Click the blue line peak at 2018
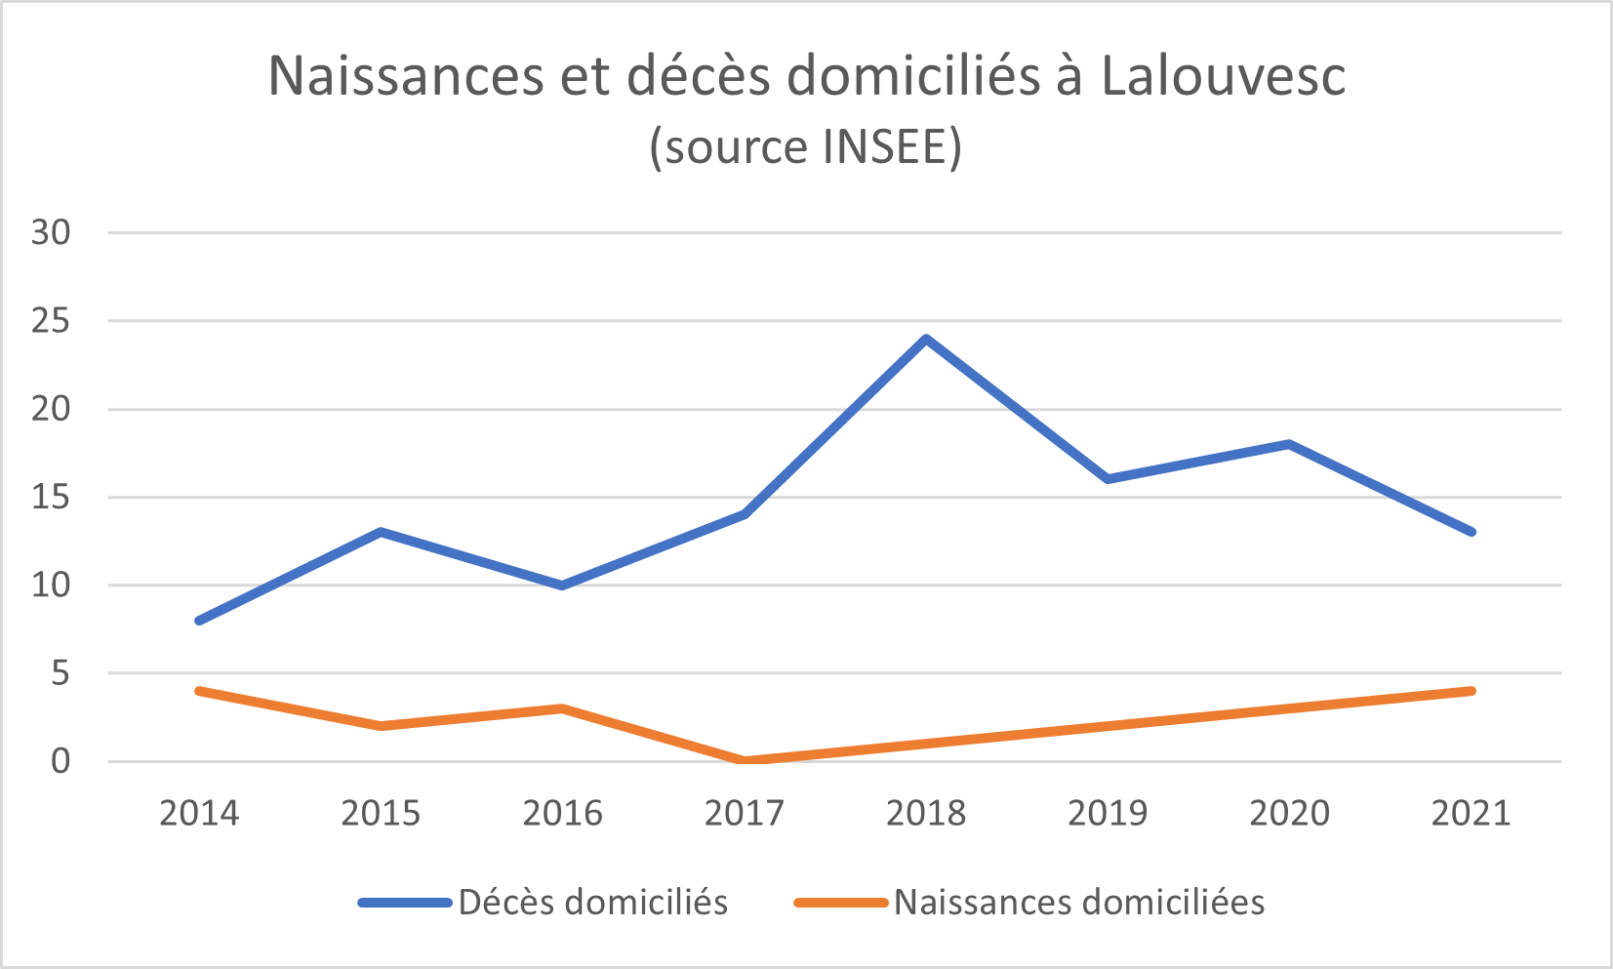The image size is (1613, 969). coord(926,339)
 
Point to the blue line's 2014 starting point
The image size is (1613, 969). coord(199,621)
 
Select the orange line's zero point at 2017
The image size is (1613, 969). coord(745,760)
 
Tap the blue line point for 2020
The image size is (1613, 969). coord(1289,444)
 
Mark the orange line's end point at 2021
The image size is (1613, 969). coord(1472,691)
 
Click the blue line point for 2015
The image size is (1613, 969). coord(381,532)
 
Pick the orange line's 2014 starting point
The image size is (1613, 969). coord(199,691)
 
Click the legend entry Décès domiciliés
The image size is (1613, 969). coord(592,903)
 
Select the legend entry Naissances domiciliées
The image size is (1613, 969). coord(1078,903)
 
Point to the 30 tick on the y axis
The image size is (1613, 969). coord(52,232)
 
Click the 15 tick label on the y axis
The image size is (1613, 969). coord(52,498)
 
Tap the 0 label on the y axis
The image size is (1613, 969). coord(61,761)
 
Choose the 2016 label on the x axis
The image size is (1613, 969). coord(562,813)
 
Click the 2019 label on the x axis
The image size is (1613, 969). coord(1108,813)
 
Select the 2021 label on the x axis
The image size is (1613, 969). coord(1471,813)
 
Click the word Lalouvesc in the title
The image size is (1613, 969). coord(1224,76)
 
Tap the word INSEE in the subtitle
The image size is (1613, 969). coord(884,146)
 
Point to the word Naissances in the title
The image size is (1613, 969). coord(405,76)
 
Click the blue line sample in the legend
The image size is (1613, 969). coord(405,903)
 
